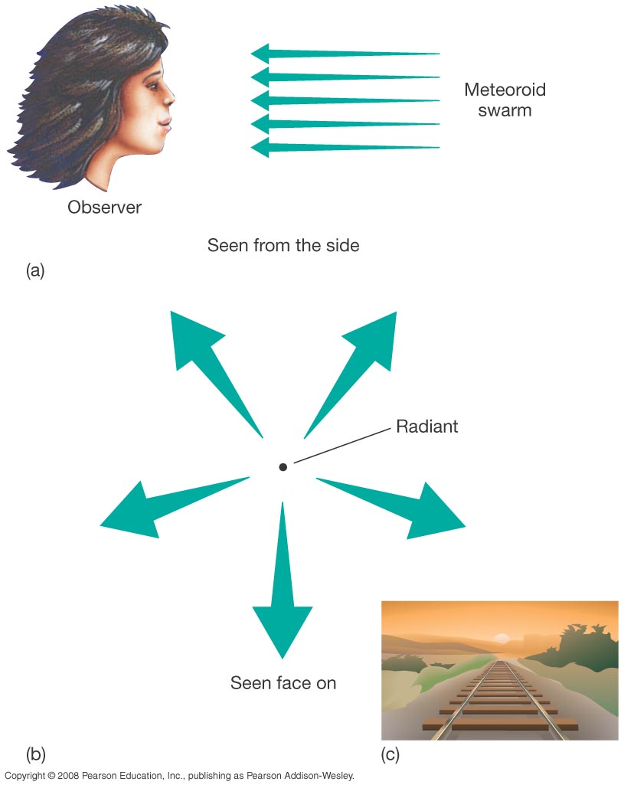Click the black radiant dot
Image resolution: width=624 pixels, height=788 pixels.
pos(283,466)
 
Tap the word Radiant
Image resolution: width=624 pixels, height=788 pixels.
pos(426,427)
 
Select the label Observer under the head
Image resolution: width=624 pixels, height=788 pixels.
pos(104,207)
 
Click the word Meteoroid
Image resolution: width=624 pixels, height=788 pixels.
pos(505,90)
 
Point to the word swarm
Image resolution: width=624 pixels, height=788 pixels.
pos(505,110)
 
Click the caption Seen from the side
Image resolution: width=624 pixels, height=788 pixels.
pos(283,246)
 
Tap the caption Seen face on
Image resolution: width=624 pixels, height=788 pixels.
pos(283,682)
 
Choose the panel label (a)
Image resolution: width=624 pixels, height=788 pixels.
pos(36,270)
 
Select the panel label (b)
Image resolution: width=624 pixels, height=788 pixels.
pos(36,754)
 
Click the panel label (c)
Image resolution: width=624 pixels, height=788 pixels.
pos(390,754)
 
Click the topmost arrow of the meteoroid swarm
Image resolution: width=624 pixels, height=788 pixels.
pos(345,54)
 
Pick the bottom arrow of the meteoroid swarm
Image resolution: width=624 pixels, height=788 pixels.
pos(345,147)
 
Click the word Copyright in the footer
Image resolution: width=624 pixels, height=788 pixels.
pos(24,776)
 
